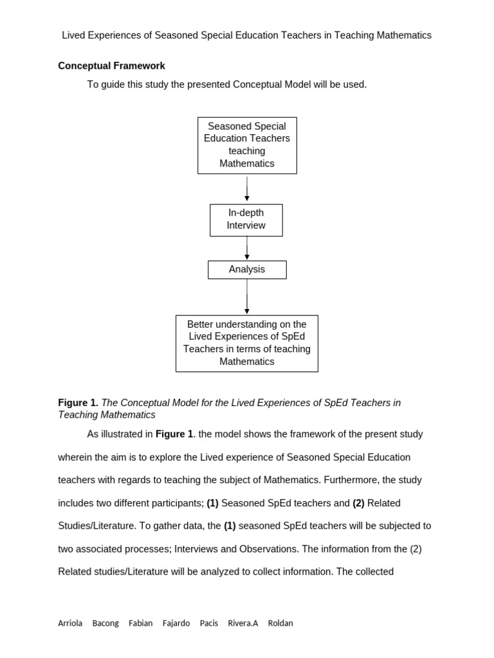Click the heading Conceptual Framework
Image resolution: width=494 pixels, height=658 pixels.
(111, 66)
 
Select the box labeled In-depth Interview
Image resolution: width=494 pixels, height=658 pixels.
(246, 220)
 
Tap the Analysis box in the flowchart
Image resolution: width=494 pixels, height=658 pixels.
(247, 270)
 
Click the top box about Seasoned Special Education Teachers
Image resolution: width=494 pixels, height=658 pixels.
(247, 145)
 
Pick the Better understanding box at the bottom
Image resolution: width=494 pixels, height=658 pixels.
(247, 343)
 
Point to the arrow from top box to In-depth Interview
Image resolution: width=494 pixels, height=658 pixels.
(247, 189)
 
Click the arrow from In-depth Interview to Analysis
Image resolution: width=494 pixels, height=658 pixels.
(247, 248)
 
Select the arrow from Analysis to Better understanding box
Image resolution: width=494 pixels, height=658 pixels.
(247, 297)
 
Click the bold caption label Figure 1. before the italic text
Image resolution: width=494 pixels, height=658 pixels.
(78, 403)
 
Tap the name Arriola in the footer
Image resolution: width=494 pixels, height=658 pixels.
(70, 623)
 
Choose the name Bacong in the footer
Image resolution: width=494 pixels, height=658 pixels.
(105, 623)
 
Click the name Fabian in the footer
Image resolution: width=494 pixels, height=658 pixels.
(140, 623)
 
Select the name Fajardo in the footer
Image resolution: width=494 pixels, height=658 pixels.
(176, 623)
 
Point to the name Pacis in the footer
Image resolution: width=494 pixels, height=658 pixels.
(209, 623)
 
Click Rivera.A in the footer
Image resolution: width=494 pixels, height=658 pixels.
(242, 623)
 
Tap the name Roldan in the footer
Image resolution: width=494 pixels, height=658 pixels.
(280, 623)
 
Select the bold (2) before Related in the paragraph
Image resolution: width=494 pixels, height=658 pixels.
(358, 503)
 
